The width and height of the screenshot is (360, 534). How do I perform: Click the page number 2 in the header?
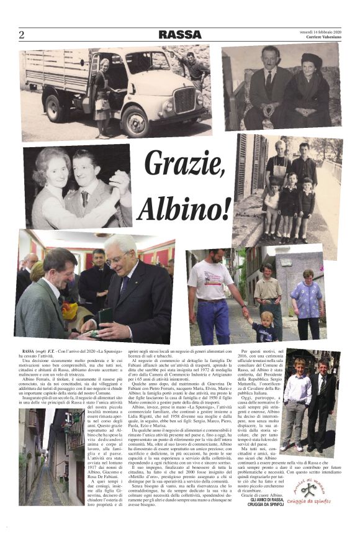[21, 35]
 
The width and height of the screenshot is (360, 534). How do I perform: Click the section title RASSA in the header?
[180, 35]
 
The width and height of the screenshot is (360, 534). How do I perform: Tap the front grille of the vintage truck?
[184, 99]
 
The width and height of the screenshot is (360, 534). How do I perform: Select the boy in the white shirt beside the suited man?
[297, 397]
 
